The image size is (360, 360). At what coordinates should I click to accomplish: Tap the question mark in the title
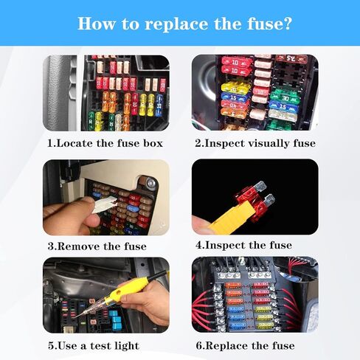point(287,24)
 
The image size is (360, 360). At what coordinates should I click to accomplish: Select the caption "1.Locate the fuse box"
point(105,143)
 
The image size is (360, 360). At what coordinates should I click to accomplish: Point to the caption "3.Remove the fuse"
point(97,246)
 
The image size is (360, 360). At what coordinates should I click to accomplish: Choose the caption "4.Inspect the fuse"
point(243,245)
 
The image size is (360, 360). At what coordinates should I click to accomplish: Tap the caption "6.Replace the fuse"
point(245,346)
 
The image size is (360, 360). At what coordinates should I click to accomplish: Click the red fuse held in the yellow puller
point(255,200)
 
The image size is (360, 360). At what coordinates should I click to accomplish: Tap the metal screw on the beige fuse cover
point(150,182)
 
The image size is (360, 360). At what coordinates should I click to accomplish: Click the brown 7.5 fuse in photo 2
point(291,59)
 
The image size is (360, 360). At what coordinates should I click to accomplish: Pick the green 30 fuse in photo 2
point(285,97)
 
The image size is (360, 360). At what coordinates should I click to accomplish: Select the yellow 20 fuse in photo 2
point(235,88)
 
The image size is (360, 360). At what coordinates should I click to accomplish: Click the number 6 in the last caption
point(199,345)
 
